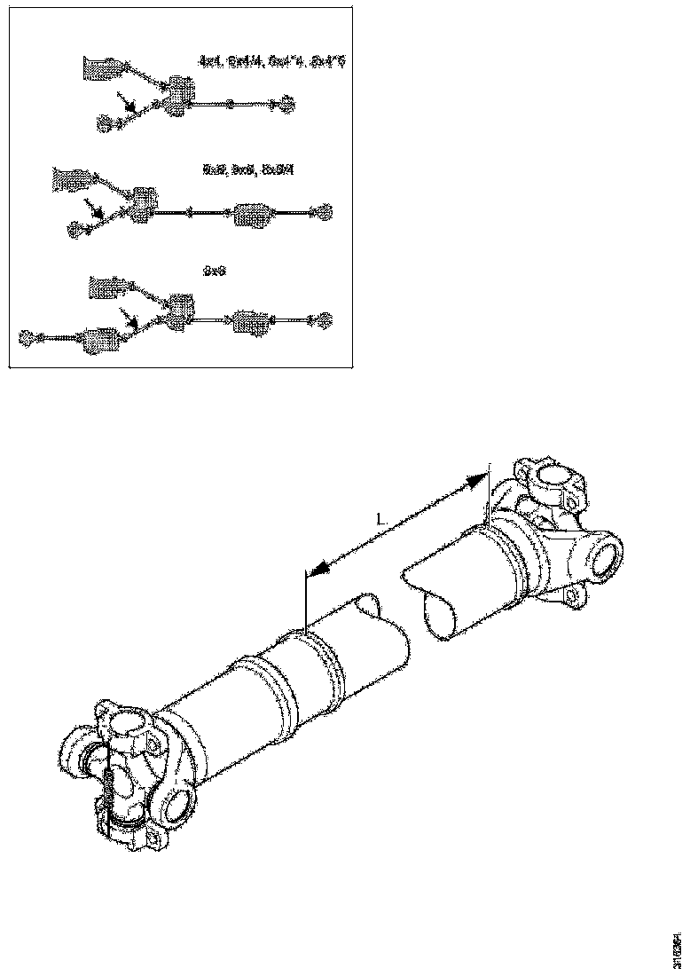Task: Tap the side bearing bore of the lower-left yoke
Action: (176, 807)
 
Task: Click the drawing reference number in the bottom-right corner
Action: (678, 944)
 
